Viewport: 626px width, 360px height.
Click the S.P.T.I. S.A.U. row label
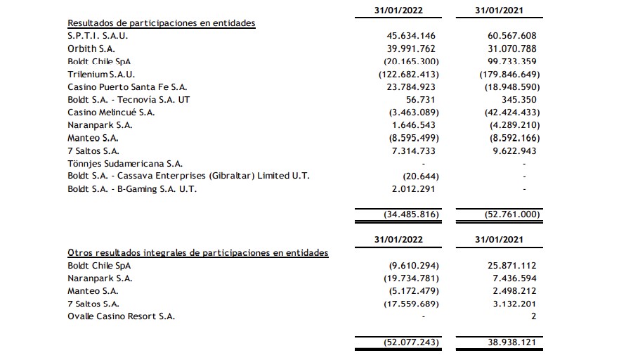[98, 36]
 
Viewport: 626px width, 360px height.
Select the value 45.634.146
[411, 36]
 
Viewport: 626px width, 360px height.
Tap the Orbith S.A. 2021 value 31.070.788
[511, 49]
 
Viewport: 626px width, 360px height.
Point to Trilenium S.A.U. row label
[101, 74]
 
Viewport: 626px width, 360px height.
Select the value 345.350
[521, 99]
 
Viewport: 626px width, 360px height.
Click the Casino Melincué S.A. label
[111, 112]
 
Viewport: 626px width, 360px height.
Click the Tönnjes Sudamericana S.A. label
[115, 162]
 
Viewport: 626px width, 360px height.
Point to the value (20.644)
[421, 175]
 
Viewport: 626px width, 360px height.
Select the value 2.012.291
[415, 188]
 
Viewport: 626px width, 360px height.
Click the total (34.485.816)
[410, 214]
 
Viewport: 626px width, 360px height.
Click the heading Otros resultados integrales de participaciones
[197, 252]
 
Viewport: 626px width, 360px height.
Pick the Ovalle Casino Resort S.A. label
[121, 316]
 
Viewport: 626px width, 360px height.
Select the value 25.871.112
[511, 265]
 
